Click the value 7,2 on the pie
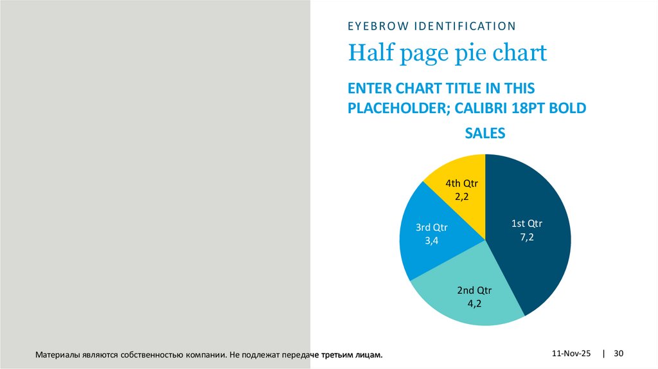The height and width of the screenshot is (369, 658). click(x=527, y=237)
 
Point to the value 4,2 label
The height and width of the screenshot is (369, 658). click(x=474, y=303)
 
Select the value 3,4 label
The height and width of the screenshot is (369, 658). click(x=431, y=240)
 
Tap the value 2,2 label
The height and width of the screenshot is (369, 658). click(x=461, y=198)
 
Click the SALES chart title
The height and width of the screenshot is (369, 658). click(x=485, y=134)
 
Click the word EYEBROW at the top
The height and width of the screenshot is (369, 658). click(x=376, y=26)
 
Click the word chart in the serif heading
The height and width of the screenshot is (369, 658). click(x=520, y=53)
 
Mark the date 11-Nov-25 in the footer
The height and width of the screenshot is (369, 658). click(x=571, y=354)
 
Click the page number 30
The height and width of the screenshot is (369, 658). click(x=619, y=354)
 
